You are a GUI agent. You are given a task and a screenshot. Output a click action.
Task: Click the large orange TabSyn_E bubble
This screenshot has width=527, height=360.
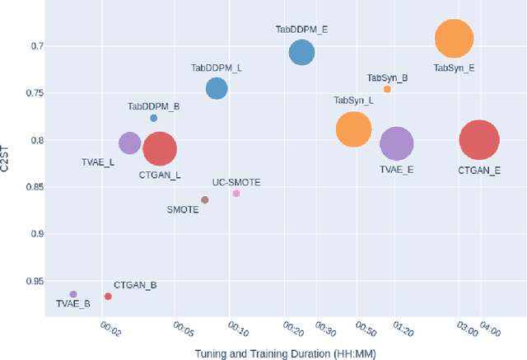454,39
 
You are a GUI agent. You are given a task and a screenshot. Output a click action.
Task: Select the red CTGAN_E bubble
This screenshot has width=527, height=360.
479,140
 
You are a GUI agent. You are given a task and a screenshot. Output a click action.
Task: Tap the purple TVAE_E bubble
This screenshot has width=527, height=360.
397,144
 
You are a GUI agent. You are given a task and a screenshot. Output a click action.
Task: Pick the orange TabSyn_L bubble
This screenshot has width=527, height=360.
354,129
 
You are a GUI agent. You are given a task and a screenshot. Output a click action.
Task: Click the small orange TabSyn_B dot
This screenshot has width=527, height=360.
388,89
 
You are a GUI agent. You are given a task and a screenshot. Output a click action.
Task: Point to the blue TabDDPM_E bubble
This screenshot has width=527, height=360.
302,53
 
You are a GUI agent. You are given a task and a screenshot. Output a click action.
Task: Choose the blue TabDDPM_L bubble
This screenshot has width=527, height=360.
217,89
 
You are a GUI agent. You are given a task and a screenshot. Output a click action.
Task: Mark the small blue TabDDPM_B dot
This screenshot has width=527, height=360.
154,118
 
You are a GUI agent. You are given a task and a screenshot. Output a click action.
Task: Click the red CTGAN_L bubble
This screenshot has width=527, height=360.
160,149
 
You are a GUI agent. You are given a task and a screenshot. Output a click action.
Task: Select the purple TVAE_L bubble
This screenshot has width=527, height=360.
129,143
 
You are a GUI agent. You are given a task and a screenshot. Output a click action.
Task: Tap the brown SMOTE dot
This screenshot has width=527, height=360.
205,199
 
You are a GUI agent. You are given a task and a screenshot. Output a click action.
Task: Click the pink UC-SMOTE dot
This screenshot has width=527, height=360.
236,194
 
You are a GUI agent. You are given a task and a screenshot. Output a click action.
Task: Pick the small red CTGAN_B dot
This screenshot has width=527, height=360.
108,297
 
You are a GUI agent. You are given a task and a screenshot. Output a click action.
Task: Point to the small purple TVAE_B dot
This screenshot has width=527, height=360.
73,294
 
